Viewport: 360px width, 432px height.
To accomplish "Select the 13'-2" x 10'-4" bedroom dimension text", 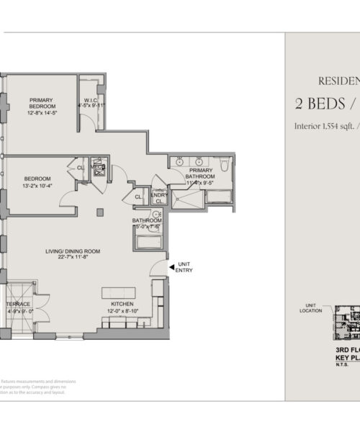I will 37,186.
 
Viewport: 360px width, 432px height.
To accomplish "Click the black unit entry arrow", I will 171,266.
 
